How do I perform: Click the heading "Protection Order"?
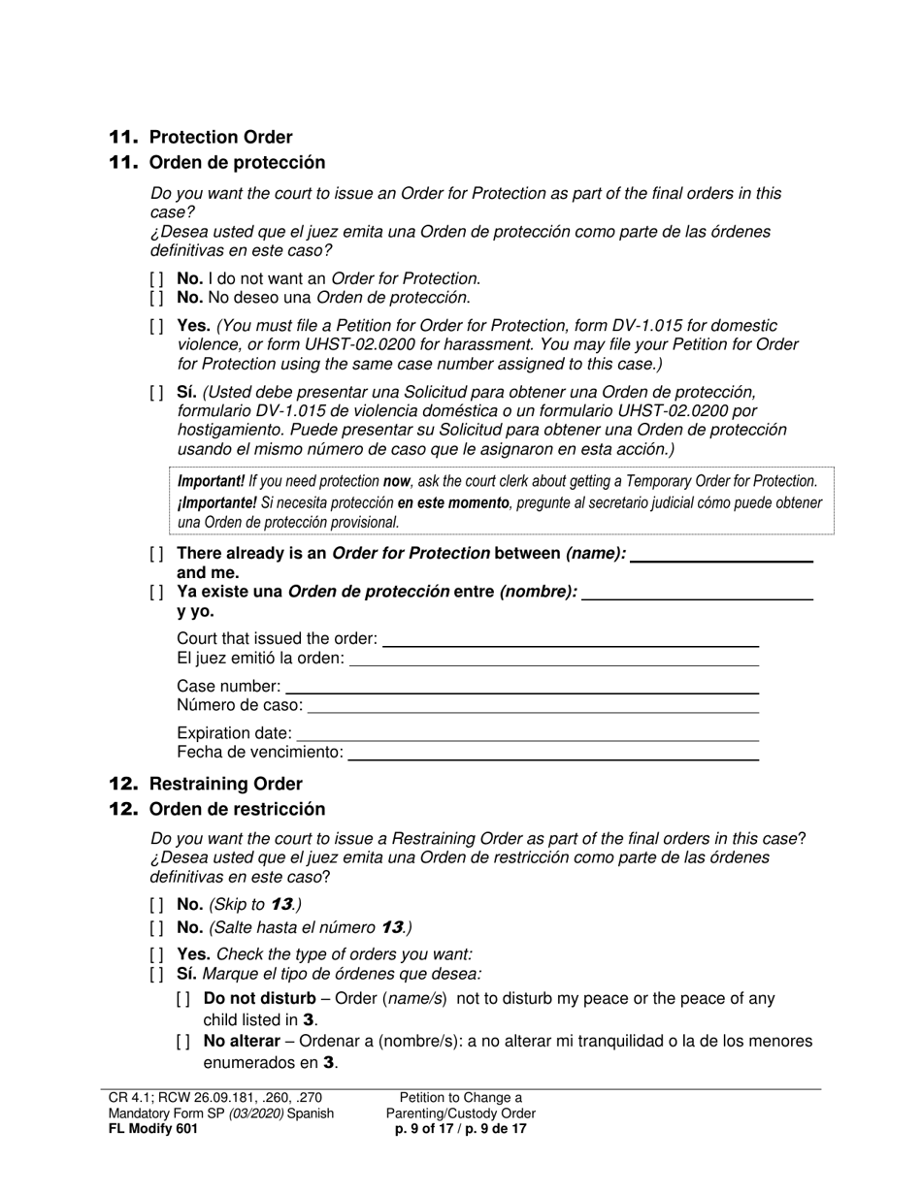220,137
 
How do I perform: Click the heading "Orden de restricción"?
237,809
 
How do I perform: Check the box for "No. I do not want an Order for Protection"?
157,279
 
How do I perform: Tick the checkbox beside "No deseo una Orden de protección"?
157,298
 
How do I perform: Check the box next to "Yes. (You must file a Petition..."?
157,326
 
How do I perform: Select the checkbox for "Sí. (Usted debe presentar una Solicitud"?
157,393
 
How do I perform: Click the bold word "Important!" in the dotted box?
211,481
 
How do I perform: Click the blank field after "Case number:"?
521,687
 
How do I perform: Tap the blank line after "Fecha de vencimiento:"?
553,753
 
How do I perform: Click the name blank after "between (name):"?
721,555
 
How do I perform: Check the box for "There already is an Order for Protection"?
157,554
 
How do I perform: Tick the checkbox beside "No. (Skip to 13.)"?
157,905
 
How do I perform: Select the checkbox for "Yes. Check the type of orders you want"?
157,954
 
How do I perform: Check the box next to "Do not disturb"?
184,999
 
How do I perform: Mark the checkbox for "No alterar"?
184,1042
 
